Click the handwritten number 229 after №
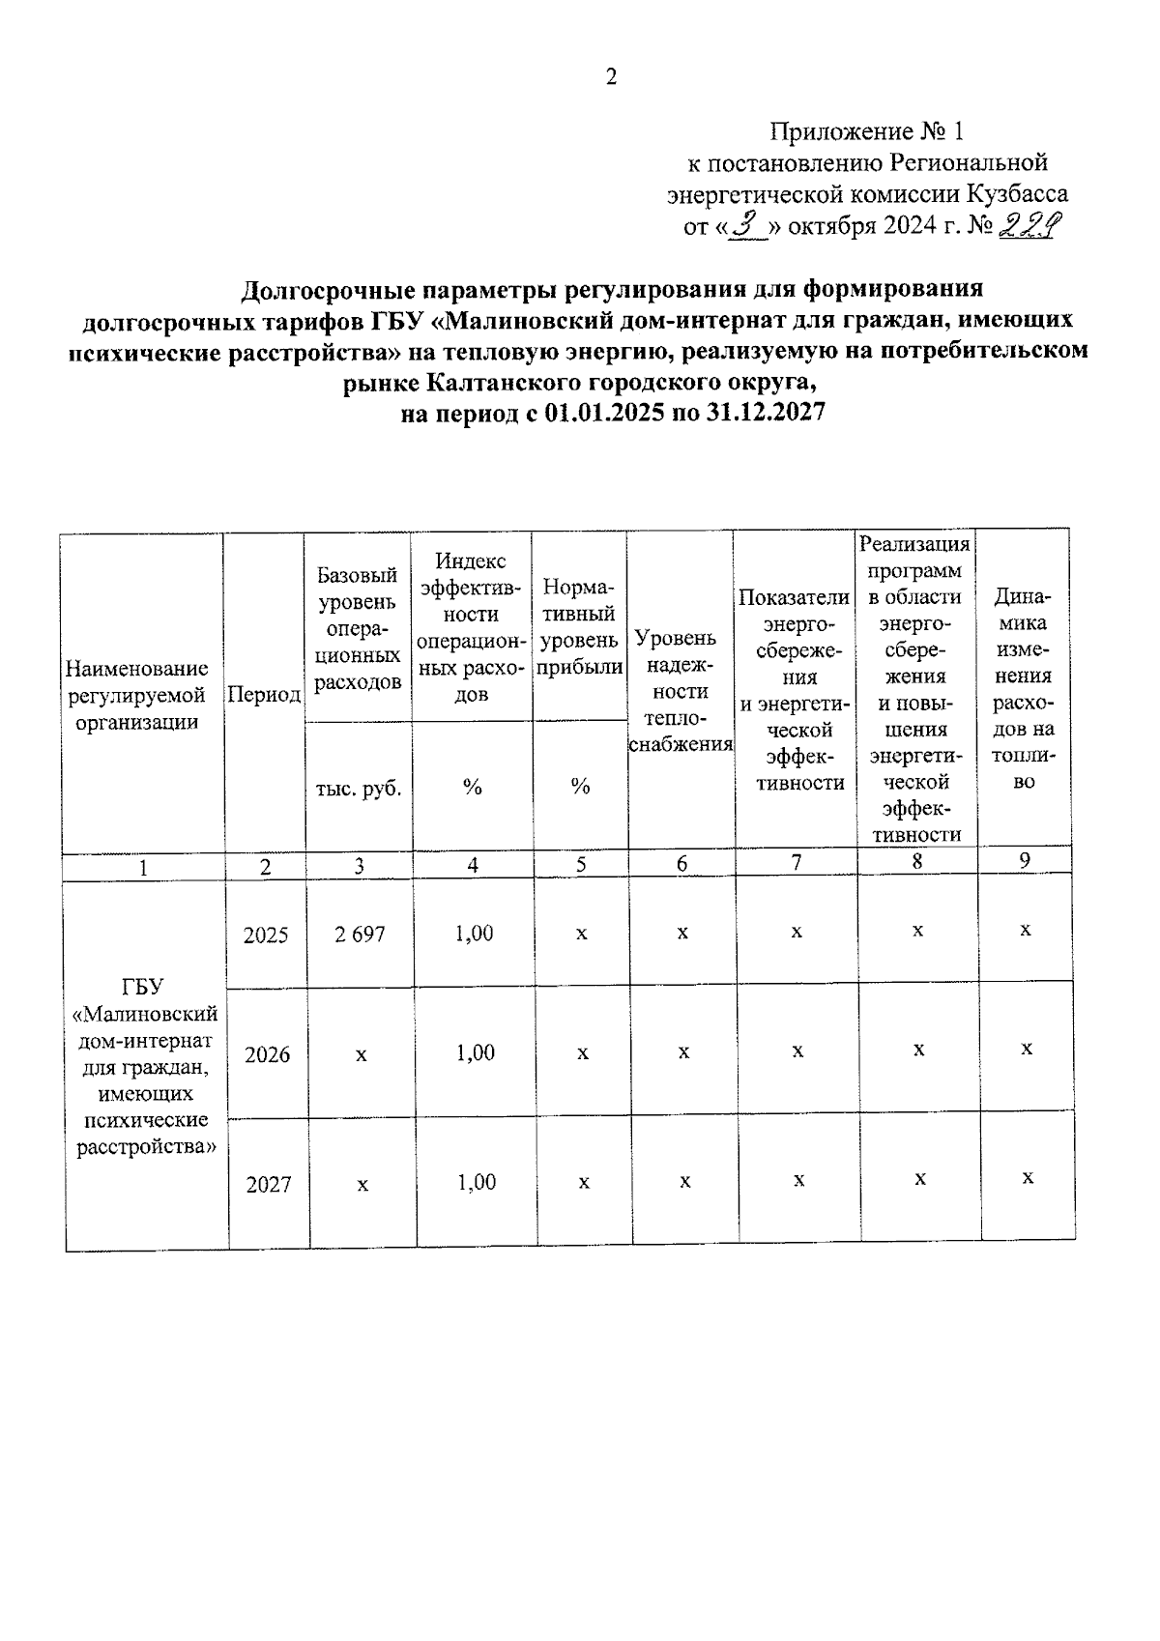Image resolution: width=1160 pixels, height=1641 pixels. pyautogui.click(x=1030, y=226)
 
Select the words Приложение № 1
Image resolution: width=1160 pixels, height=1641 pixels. pyautogui.click(x=867, y=131)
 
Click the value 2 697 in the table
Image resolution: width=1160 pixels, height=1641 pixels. pyautogui.click(x=360, y=935)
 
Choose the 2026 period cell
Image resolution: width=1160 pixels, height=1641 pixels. pyautogui.click(x=267, y=1054)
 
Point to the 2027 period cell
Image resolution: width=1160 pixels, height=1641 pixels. pyautogui.click(x=268, y=1184)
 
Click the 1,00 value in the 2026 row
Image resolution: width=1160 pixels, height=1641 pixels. pyautogui.click(x=476, y=1052)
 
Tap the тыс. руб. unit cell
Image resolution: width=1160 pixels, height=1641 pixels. pyautogui.click(x=359, y=788)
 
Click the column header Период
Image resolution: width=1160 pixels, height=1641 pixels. pyautogui.click(x=264, y=695)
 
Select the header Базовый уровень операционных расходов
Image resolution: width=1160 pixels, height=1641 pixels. pyautogui.click(x=359, y=629)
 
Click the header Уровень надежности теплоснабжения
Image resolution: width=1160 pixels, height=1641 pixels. pyautogui.click(x=681, y=690)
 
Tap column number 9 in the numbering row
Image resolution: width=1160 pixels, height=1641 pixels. pyautogui.click(x=1025, y=860)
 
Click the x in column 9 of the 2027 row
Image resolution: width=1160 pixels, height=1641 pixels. pyautogui.click(x=1029, y=1177)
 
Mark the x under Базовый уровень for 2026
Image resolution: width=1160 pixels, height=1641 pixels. pyautogui.click(x=361, y=1054)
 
